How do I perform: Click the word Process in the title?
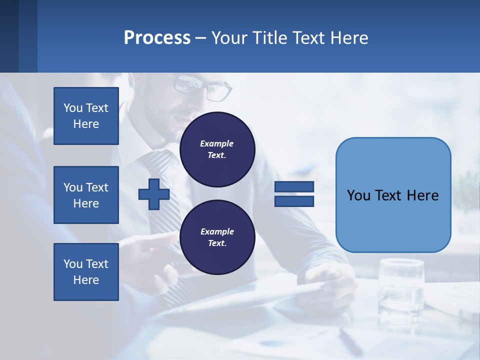[x=157, y=38]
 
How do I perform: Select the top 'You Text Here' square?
[x=86, y=116]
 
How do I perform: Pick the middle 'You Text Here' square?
[x=86, y=195]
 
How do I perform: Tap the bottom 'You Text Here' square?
[x=86, y=272]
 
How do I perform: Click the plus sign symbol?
[x=154, y=194]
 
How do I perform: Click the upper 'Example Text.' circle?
[x=217, y=149]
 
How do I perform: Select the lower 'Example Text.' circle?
[x=217, y=237]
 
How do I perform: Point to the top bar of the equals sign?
[x=294, y=186]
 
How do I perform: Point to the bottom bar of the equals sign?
[x=294, y=201]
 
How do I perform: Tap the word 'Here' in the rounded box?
[x=423, y=195]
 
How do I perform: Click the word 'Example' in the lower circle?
[x=217, y=231]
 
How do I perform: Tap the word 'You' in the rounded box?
[x=358, y=195]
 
